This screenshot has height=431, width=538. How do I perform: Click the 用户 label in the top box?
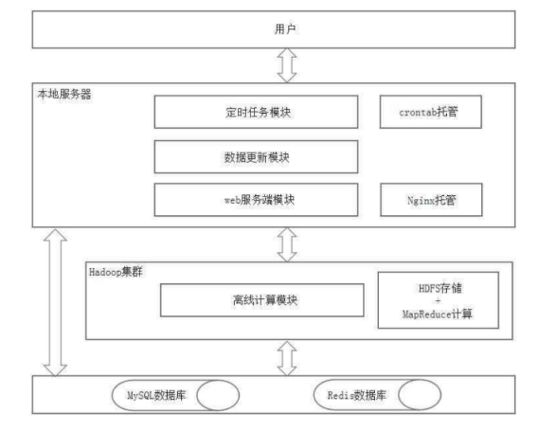(285, 29)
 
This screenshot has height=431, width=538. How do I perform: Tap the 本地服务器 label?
(64, 94)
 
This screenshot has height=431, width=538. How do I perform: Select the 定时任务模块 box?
(256, 112)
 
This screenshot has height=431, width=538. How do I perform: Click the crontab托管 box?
(431, 112)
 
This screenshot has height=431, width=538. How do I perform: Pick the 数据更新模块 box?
(256, 156)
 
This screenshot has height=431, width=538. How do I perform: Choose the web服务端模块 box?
(256, 199)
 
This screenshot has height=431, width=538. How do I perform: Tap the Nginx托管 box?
(431, 199)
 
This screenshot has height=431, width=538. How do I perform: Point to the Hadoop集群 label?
(116, 272)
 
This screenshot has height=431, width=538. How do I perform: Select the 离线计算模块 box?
(262, 300)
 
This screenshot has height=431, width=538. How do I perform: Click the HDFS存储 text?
(440, 288)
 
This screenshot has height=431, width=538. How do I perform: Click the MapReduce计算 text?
(438, 314)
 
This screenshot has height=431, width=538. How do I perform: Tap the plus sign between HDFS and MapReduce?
(438, 301)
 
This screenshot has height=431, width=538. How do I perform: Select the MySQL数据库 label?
(156, 395)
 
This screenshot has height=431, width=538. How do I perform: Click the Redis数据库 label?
(357, 395)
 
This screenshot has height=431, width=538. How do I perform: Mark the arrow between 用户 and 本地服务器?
(287, 65)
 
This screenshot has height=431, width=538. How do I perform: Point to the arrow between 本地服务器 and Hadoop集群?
(287, 244)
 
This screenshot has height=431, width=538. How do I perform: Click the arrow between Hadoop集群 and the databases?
(287, 358)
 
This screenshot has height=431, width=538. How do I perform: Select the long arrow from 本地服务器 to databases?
(55, 302)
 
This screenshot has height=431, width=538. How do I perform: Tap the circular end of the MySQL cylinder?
(218, 395)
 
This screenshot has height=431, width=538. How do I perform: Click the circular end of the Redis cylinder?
(420, 395)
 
